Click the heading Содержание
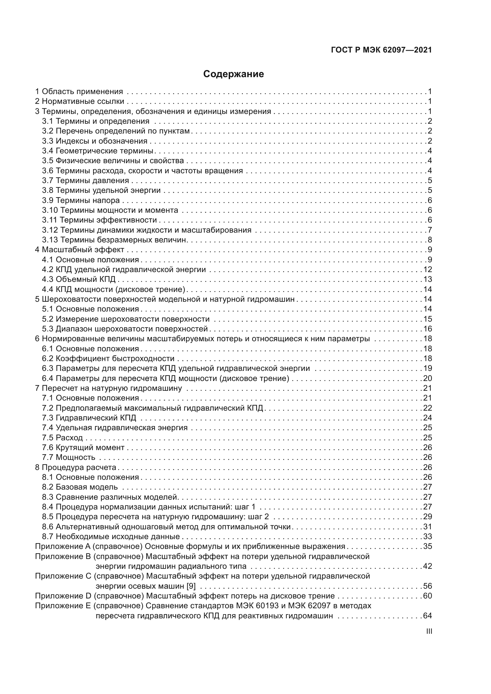tap(233, 74)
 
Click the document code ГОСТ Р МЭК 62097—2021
tap(381, 50)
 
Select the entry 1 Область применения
tap(79, 91)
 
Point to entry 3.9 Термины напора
tap(81, 200)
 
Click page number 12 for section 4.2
tap(427, 269)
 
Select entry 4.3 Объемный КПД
tap(79, 279)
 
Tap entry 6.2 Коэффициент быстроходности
tap(108, 358)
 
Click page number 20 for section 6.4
tap(427, 378)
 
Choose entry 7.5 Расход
tap(62, 438)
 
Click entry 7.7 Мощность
tap(69, 457)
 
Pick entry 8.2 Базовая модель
tap(80, 487)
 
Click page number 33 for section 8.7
tap(427, 536)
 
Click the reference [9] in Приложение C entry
tap(191, 586)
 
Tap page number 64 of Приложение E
tap(427, 616)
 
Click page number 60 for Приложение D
tap(427, 596)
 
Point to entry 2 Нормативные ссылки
tap(80, 101)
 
